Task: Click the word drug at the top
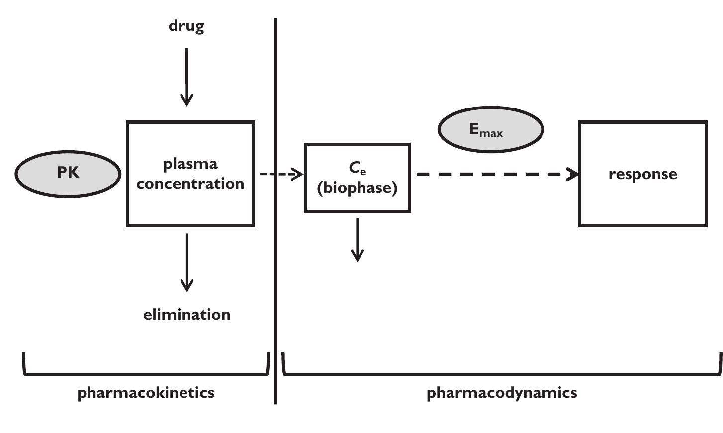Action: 186,26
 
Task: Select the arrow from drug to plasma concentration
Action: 186,77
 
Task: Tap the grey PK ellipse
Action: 68,173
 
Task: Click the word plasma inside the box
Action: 190,164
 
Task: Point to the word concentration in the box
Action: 190,184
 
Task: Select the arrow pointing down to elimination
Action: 187,262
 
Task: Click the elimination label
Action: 186,315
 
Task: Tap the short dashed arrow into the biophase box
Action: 281,174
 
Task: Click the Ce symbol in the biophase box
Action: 357,168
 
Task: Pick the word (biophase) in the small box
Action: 357,188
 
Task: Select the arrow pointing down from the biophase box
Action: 357,240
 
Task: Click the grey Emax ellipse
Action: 490,129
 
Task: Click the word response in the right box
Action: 642,174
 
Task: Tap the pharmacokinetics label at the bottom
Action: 146,393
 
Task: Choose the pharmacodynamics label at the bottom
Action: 502,393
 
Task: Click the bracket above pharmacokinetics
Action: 146,374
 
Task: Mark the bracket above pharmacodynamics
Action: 502,374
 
